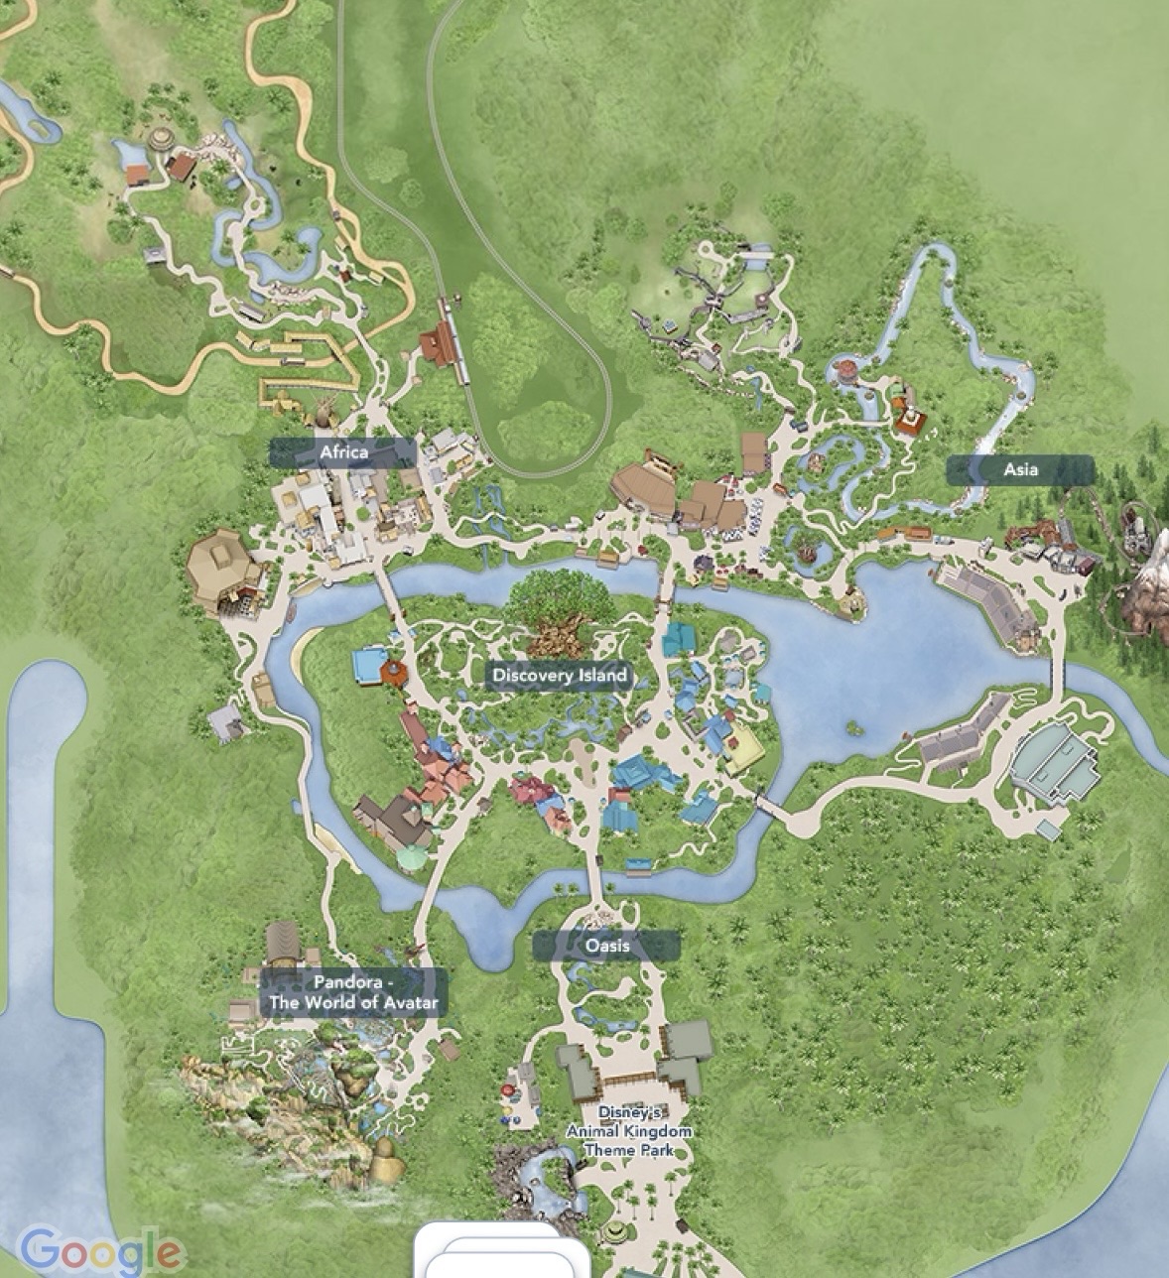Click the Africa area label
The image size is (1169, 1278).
(x=343, y=452)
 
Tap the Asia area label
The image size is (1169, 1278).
(x=1020, y=470)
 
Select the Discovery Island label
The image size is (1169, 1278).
(x=560, y=676)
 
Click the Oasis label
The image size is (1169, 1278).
(x=606, y=946)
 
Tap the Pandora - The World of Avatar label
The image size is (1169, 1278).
(x=352, y=992)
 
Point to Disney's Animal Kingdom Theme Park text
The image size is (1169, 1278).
(x=628, y=1131)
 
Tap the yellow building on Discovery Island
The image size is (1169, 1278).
(x=744, y=750)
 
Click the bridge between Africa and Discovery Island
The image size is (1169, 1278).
(x=388, y=594)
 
